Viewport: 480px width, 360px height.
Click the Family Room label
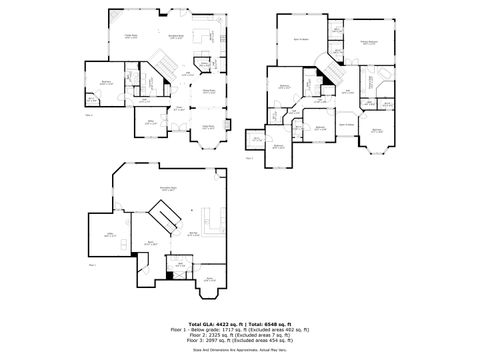coord(130,36)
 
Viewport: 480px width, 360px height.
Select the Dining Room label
coord(210,91)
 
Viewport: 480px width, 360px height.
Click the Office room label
coord(153,122)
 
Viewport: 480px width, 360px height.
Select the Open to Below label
coord(346,124)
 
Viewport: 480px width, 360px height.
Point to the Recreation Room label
coord(155,189)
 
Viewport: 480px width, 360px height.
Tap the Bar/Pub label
coord(193,235)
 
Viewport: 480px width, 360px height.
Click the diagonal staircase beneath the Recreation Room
coord(163,213)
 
